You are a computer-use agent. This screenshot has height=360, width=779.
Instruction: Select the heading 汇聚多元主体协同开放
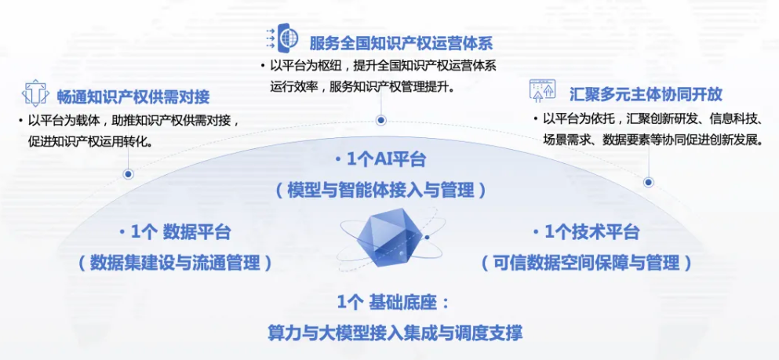(645, 94)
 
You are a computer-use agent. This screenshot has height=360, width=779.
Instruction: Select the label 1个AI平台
(380, 160)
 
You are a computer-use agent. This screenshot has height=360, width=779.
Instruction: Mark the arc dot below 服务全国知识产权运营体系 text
(381, 120)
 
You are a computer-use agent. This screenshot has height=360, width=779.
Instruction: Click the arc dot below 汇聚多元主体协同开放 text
(648, 182)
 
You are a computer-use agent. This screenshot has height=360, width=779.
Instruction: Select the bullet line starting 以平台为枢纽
(383, 66)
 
